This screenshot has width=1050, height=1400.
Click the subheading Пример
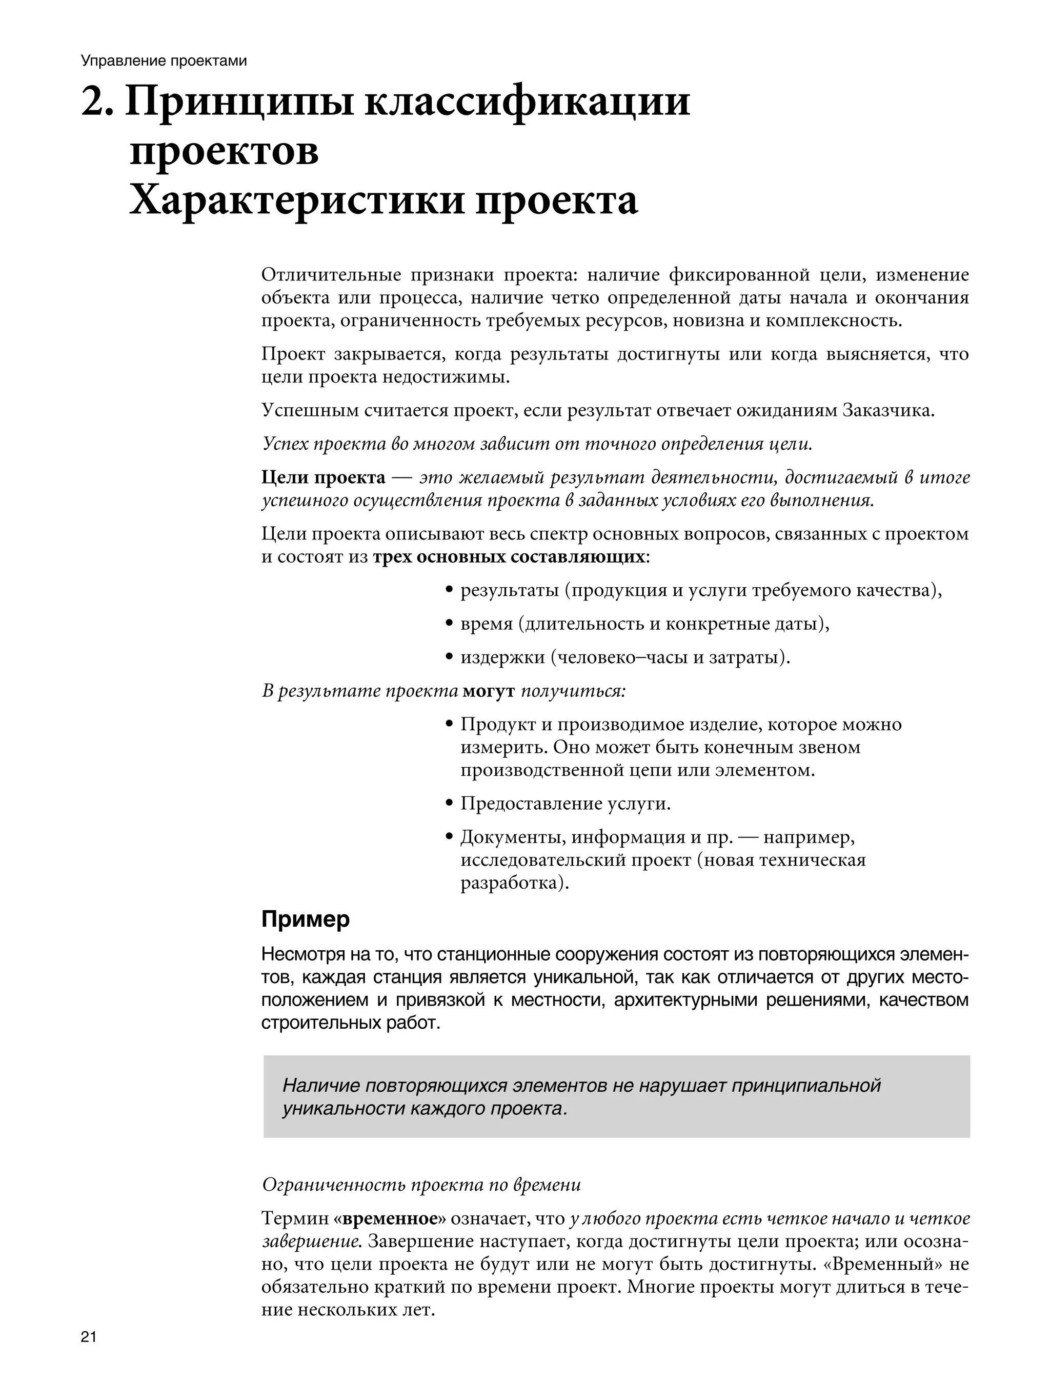click(305, 919)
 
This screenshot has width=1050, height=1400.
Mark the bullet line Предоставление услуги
click(564, 804)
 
